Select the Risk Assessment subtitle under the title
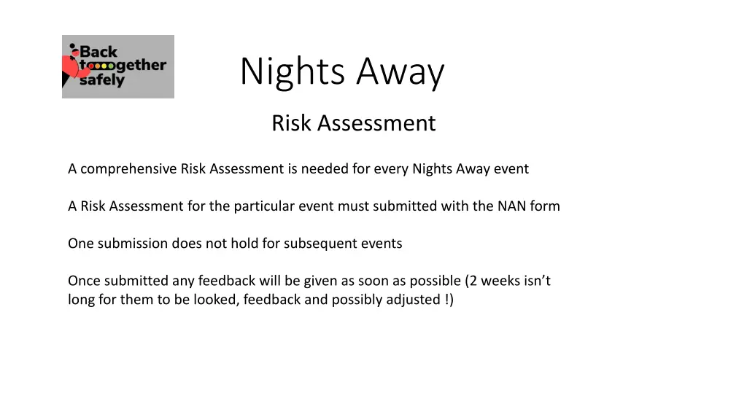[353, 123]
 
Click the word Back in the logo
[98, 52]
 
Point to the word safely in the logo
[101, 80]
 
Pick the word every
[391, 169]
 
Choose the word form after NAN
[545, 206]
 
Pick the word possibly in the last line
[355, 300]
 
